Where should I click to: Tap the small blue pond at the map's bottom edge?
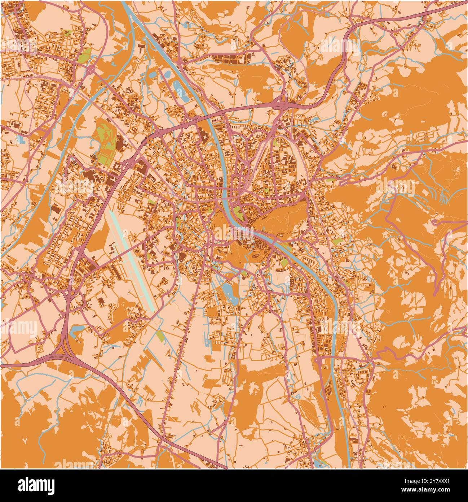tap(317, 463)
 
